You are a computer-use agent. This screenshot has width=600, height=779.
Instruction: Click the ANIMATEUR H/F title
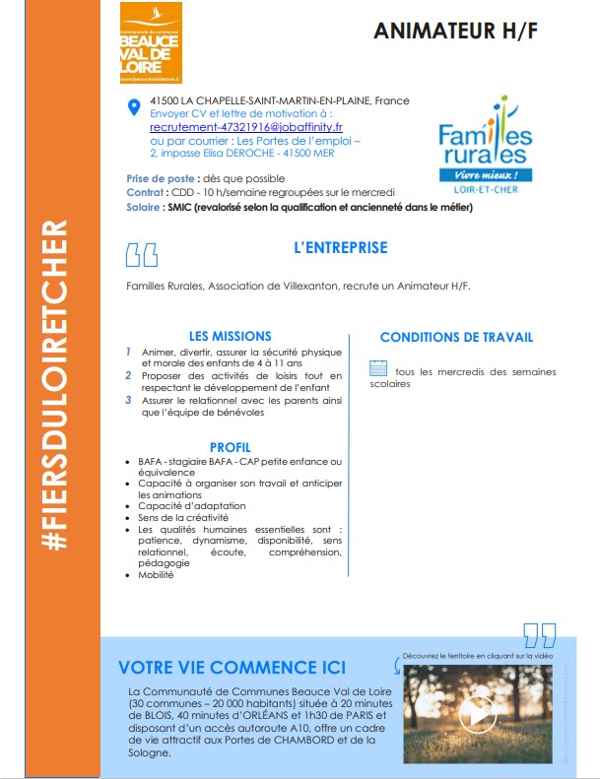[455, 31]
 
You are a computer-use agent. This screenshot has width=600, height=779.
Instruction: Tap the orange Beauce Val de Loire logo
[150, 42]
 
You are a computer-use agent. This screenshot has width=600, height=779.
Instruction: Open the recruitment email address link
[246, 127]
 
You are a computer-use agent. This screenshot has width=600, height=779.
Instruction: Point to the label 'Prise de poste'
[161, 178]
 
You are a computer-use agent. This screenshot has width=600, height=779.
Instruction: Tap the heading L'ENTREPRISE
[341, 248]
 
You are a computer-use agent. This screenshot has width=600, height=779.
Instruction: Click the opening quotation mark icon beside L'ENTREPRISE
[141, 255]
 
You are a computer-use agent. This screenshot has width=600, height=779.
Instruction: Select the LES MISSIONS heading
[230, 336]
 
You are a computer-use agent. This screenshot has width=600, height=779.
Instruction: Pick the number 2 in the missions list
[128, 375]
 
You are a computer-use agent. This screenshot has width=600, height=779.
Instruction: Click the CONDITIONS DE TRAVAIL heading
[456, 337]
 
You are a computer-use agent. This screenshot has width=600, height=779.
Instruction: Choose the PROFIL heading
[231, 447]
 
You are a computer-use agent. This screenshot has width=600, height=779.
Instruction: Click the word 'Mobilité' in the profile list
[158, 575]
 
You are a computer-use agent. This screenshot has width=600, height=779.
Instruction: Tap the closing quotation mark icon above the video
[539, 634]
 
